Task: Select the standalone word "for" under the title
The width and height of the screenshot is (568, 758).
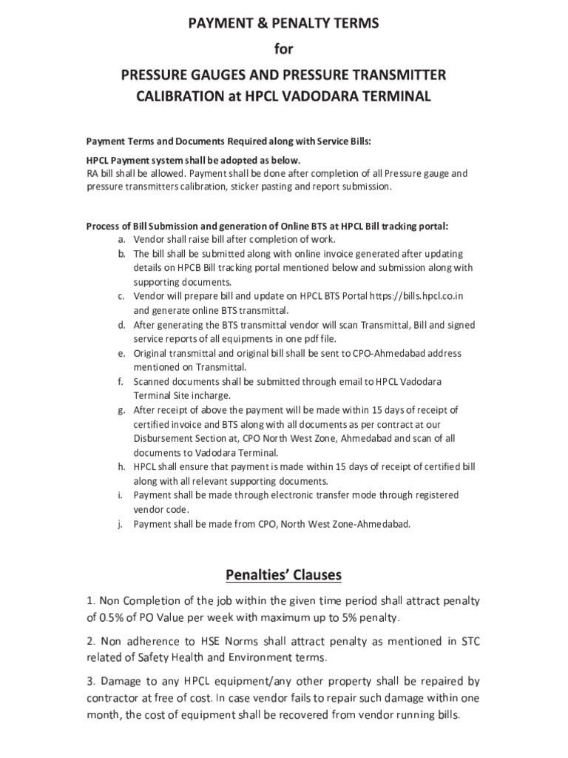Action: pyautogui.click(x=284, y=49)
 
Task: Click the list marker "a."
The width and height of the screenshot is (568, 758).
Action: pyautogui.click(x=121, y=239)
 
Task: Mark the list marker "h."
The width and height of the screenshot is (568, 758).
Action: pyautogui.click(x=121, y=466)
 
